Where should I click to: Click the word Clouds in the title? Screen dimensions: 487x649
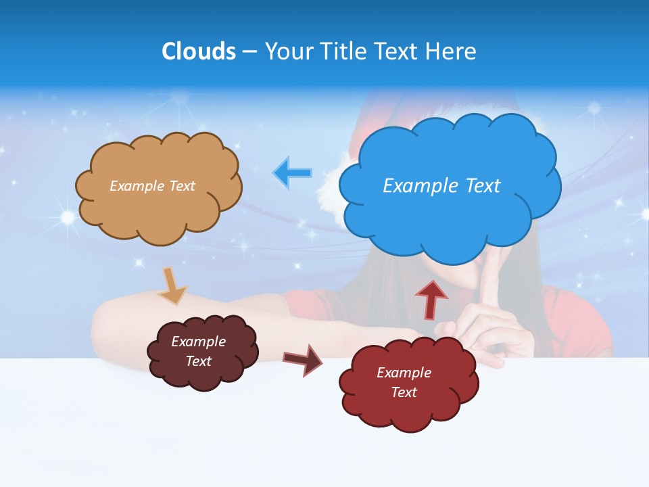pyautogui.click(x=198, y=51)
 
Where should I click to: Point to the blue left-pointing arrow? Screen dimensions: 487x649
pyautogui.click(x=292, y=172)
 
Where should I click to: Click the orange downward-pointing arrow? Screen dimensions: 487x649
pyautogui.click(x=173, y=285)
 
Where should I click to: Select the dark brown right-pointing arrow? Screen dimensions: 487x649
pyautogui.click(x=303, y=359)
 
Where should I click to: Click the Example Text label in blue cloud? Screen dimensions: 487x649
pyautogui.click(x=441, y=185)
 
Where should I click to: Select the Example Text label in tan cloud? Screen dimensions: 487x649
pyautogui.click(x=152, y=186)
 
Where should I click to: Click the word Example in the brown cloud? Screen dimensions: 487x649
pyautogui.click(x=198, y=342)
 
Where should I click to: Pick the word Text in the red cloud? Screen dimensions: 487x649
pyautogui.click(x=404, y=392)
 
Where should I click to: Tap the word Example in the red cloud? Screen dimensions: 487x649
pyautogui.click(x=404, y=373)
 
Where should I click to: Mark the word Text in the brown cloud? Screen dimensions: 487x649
pyautogui.click(x=198, y=361)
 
